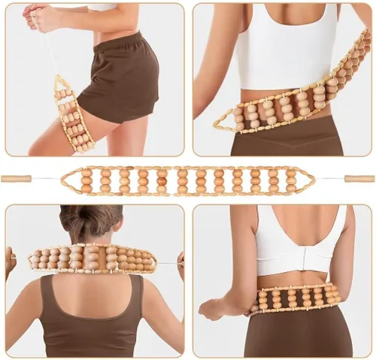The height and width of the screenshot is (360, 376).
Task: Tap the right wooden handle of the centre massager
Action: (x=359, y=179)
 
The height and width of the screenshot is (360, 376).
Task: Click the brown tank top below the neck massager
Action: (x=94, y=316)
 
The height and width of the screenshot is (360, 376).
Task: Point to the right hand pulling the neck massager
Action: (x=180, y=263)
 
